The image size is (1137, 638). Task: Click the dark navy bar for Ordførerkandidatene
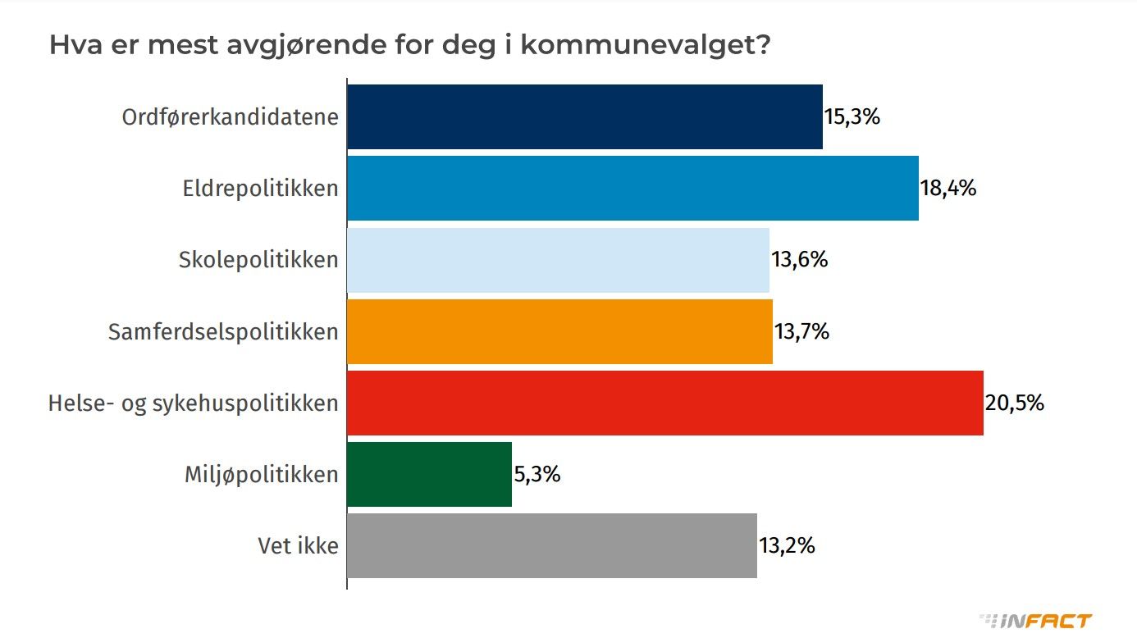pyautogui.click(x=584, y=116)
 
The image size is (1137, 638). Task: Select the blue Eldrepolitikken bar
pyautogui.click(x=632, y=188)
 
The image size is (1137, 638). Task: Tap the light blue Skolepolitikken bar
pyautogui.click(x=558, y=260)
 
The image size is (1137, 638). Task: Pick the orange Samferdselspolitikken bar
pyautogui.click(x=559, y=331)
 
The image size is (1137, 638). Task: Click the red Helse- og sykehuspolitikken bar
pyautogui.click(x=664, y=403)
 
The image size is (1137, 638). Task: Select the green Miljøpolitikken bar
pyautogui.click(x=429, y=474)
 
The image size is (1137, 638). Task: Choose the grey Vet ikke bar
pyautogui.click(x=551, y=545)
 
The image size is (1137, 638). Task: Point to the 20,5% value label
pyautogui.click(x=1014, y=403)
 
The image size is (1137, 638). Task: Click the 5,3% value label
pyautogui.click(x=537, y=474)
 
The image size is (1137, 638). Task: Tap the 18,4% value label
pyautogui.click(x=948, y=188)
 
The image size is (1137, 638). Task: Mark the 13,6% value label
pyautogui.click(x=800, y=260)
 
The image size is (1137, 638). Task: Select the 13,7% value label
pyautogui.click(x=802, y=331)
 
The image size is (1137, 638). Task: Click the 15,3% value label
pyautogui.click(x=852, y=116)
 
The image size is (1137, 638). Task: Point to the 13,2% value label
pyautogui.click(x=787, y=545)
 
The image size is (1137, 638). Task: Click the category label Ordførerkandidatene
pyautogui.click(x=230, y=116)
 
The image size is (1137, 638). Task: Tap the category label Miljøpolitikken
pyautogui.click(x=261, y=474)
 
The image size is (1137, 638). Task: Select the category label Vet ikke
pyautogui.click(x=298, y=545)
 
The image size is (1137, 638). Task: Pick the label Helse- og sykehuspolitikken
pyautogui.click(x=193, y=403)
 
